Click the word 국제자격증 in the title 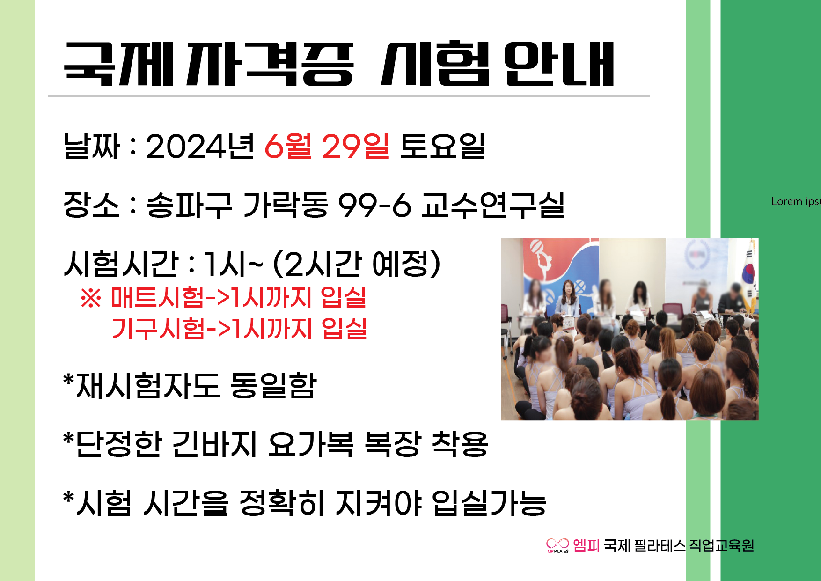pyautogui.click(x=209, y=64)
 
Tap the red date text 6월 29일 pyautogui.click(x=327, y=146)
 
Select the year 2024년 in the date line pyautogui.click(x=200, y=146)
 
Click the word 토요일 pyautogui.click(x=443, y=146)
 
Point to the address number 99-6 pyautogui.click(x=374, y=205)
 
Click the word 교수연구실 pyautogui.click(x=493, y=205)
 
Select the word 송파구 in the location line pyautogui.click(x=189, y=205)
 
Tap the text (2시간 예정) pyautogui.click(x=357, y=264)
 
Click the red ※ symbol pyautogui.click(x=91, y=298)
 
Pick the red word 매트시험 pyautogui.click(x=157, y=297)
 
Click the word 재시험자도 pyautogui.click(x=147, y=386)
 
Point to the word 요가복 pyautogui.click(x=311, y=444)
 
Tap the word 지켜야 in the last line pyautogui.click(x=379, y=503)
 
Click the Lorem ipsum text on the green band pyautogui.click(x=796, y=201)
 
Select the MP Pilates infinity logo pyautogui.click(x=557, y=545)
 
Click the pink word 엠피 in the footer pyautogui.click(x=586, y=545)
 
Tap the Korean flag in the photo pyautogui.click(x=749, y=276)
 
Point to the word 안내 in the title pyautogui.click(x=559, y=64)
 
